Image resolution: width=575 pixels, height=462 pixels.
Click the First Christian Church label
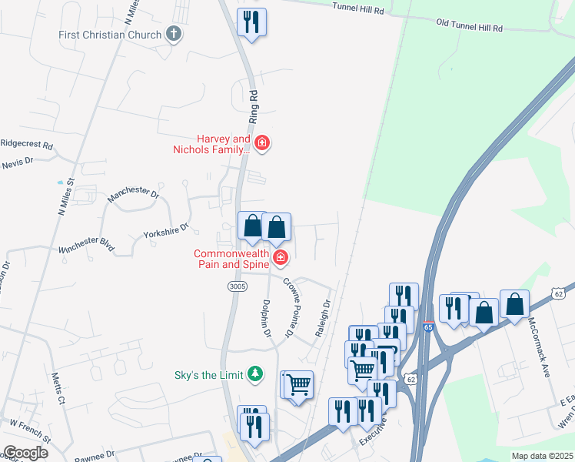pos(111,35)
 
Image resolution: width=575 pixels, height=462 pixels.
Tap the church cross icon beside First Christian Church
pos(174,34)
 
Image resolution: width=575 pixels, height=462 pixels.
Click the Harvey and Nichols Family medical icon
pos(262,142)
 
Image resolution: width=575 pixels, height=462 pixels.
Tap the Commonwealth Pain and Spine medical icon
pos(281,257)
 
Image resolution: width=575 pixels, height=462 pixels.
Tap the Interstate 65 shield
pos(428,327)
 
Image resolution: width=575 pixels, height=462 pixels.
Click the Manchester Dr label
pos(132,199)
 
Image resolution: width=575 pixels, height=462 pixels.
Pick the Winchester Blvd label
pos(86,245)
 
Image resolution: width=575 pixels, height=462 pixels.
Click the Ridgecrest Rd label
pos(26,144)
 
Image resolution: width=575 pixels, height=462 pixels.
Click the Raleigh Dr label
pos(322,318)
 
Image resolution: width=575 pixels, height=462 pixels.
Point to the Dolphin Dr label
pos(267,320)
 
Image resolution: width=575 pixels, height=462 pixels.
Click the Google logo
pos(25,453)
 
